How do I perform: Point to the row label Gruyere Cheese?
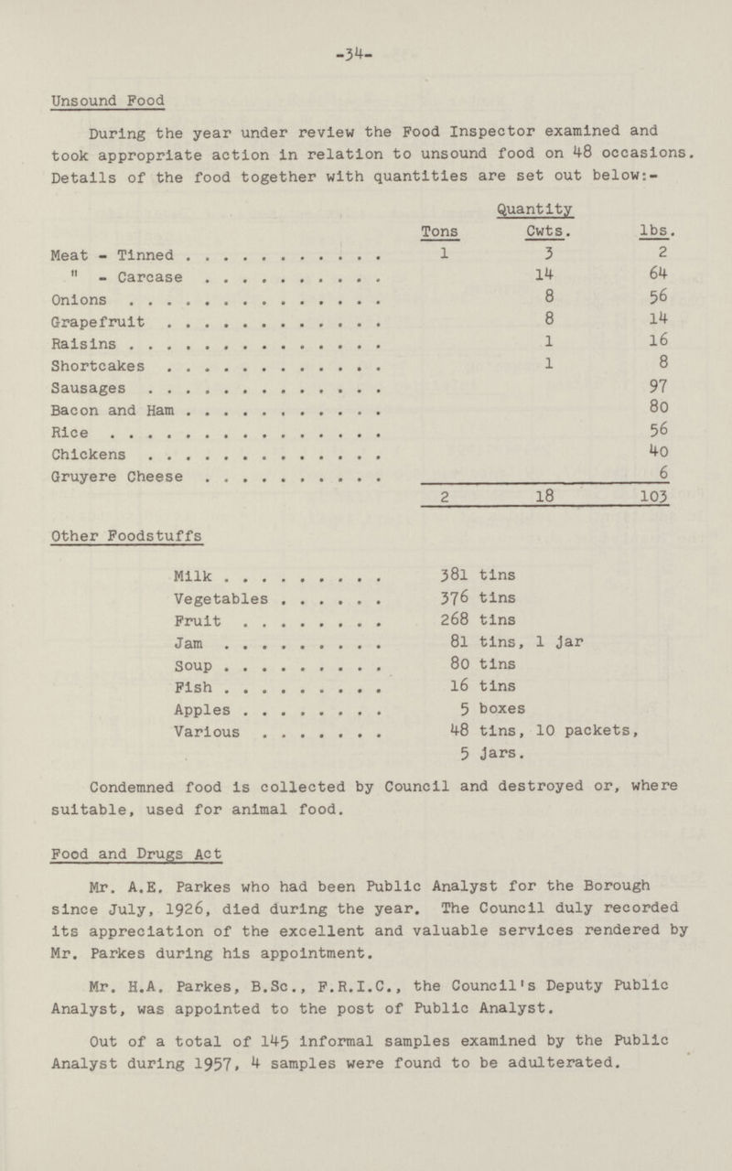pyautogui.click(x=132, y=477)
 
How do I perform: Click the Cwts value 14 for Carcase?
pyautogui.click(x=544, y=274)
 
